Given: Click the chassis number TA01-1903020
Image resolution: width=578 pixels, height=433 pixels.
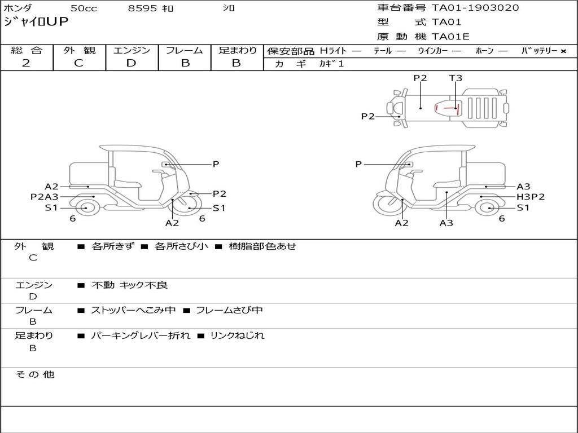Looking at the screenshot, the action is click(x=475, y=8).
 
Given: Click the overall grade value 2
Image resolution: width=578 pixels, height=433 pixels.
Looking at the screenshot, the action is click(x=26, y=63).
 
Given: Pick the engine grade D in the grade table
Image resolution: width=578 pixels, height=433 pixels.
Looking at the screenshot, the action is click(x=131, y=63).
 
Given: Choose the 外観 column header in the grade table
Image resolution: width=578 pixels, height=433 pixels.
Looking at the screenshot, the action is click(x=79, y=50).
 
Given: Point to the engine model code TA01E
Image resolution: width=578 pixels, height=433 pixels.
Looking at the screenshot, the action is click(x=450, y=37).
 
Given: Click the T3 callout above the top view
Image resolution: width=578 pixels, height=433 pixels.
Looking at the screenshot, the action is click(x=456, y=78).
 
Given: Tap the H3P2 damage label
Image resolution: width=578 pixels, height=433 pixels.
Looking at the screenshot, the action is click(x=531, y=197).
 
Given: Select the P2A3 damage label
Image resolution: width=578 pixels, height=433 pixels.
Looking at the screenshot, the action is click(x=45, y=197).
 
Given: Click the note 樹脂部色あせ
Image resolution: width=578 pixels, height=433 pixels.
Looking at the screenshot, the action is click(x=262, y=246).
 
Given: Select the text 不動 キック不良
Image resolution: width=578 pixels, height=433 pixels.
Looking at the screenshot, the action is click(x=130, y=285).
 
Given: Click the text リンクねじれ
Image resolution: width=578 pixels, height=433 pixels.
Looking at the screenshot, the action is click(x=237, y=336).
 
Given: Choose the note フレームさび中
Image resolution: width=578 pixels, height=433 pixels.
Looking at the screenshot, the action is click(x=229, y=310).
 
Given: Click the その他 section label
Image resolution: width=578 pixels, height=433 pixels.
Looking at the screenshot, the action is click(x=34, y=374).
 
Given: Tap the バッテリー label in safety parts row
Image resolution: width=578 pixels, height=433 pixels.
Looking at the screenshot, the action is click(x=539, y=51).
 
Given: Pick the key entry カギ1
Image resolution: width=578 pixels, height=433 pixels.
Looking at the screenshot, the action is click(x=331, y=64).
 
